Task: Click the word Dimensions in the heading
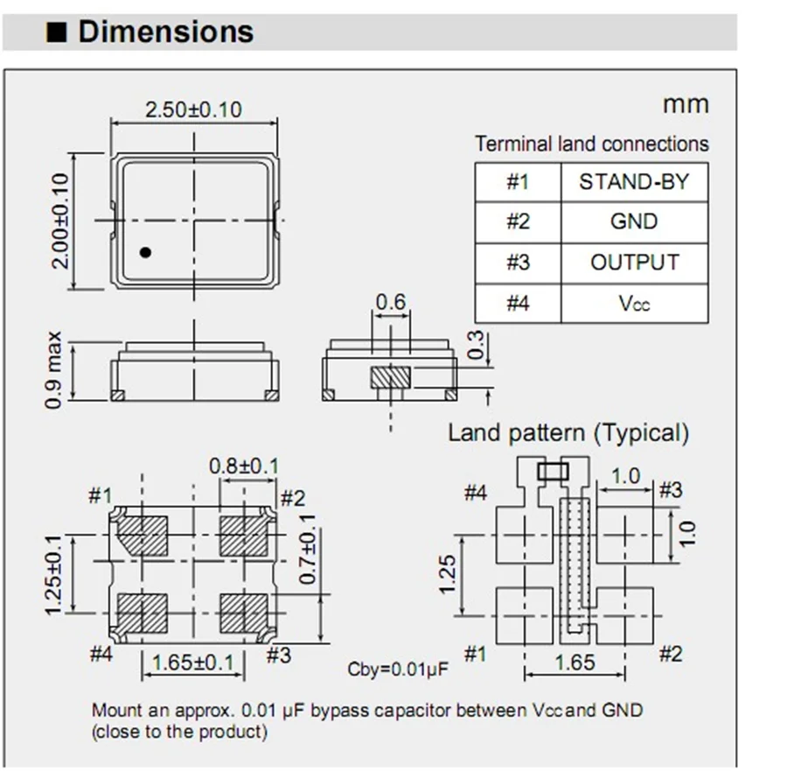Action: [165, 32]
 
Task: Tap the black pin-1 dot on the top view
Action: [146, 252]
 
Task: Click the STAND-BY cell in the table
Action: [634, 182]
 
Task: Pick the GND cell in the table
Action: [634, 221]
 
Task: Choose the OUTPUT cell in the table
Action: [634, 262]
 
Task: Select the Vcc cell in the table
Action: [634, 303]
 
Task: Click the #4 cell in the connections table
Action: [518, 303]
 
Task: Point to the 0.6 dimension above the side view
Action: [390, 303]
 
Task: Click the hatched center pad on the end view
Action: [390, 377]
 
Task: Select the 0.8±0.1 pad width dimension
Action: [243, 466]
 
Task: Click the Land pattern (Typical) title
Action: [568, 432]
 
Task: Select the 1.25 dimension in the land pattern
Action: [447, 573]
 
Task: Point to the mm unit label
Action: [685, 104]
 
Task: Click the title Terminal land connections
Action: [592, 144]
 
